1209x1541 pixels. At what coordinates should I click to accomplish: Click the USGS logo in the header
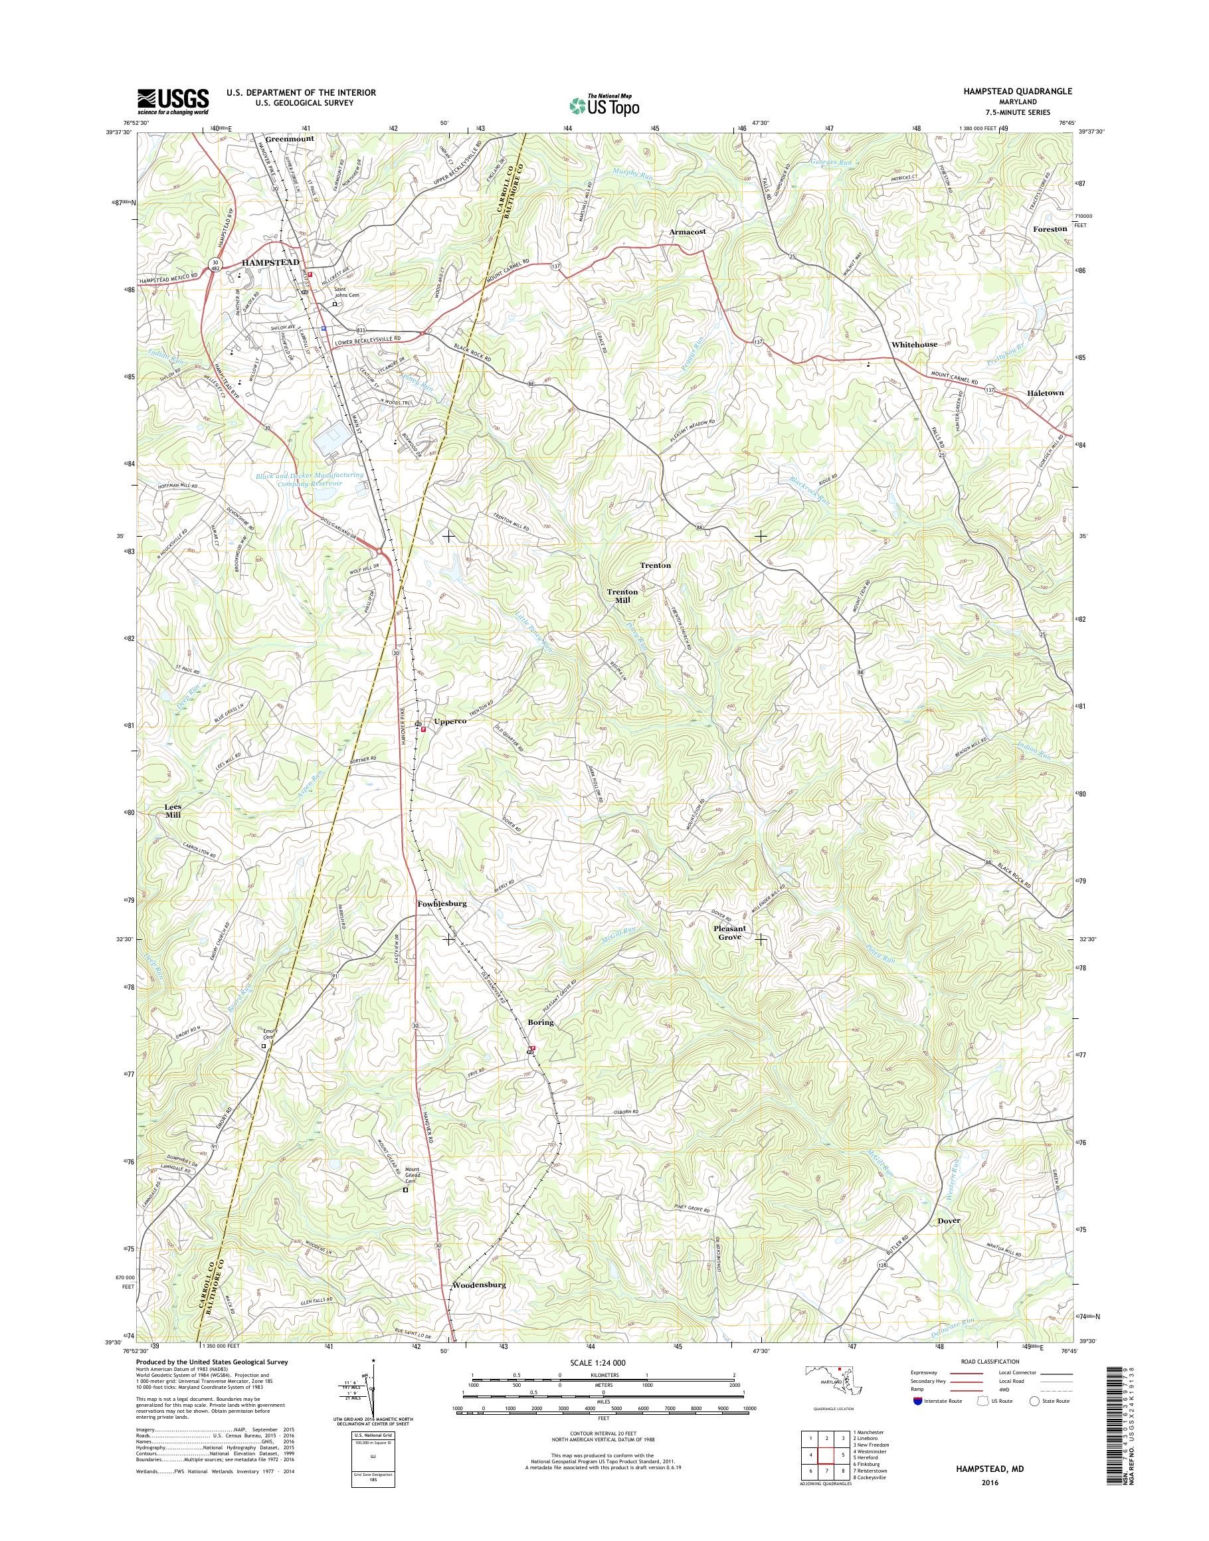(x=173, y=101)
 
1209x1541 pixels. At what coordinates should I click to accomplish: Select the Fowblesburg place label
(x=442, y=904)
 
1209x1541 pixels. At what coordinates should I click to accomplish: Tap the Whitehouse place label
(x=914, y=344)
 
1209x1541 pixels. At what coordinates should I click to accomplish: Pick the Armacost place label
(x=688, y=231)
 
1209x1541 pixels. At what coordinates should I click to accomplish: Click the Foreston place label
(x=1049, y=229)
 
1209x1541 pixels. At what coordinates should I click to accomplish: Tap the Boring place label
(x=541, y=1022)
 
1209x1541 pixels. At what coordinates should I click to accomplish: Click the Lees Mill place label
(x=173, y=810)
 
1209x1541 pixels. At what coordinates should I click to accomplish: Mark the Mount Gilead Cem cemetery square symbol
(x=406, y=1190)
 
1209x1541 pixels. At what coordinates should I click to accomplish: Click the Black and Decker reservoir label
(x=310, y=479)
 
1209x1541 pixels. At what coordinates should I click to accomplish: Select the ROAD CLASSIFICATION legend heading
(x=990, y=1361)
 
